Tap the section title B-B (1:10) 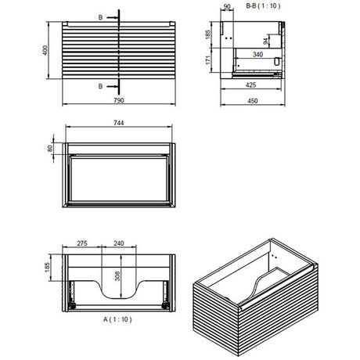[x=267, y=7]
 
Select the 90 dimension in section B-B [x=228, y=7]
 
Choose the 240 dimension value [x=120, y=243]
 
